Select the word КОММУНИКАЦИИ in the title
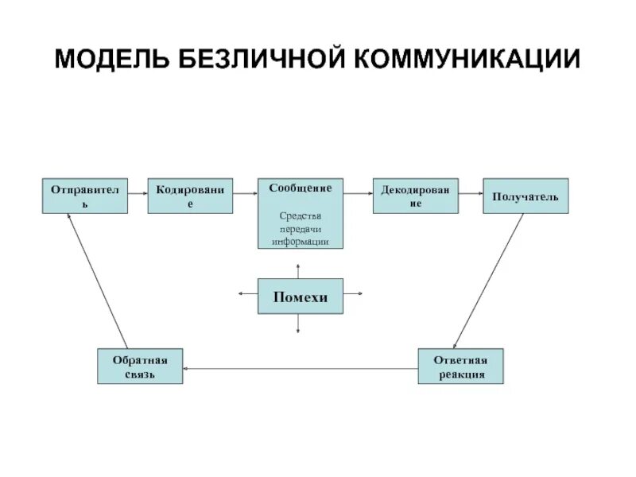point(468,60)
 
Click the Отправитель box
point(85,196)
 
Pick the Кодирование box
point(190,196)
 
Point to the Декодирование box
point(416,196)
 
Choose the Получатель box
point(525,196)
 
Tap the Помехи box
point(301,297)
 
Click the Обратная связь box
point(140,366)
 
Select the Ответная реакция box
point(461,366)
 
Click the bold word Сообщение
point(301,188)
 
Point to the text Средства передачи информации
point(301,228)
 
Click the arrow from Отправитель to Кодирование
point(138,192)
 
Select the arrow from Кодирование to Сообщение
point(245,192)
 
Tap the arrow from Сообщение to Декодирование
point(358,192)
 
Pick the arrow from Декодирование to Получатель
point(471,192)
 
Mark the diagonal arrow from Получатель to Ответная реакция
point(489,281)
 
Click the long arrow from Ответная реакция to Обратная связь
point(301,368)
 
